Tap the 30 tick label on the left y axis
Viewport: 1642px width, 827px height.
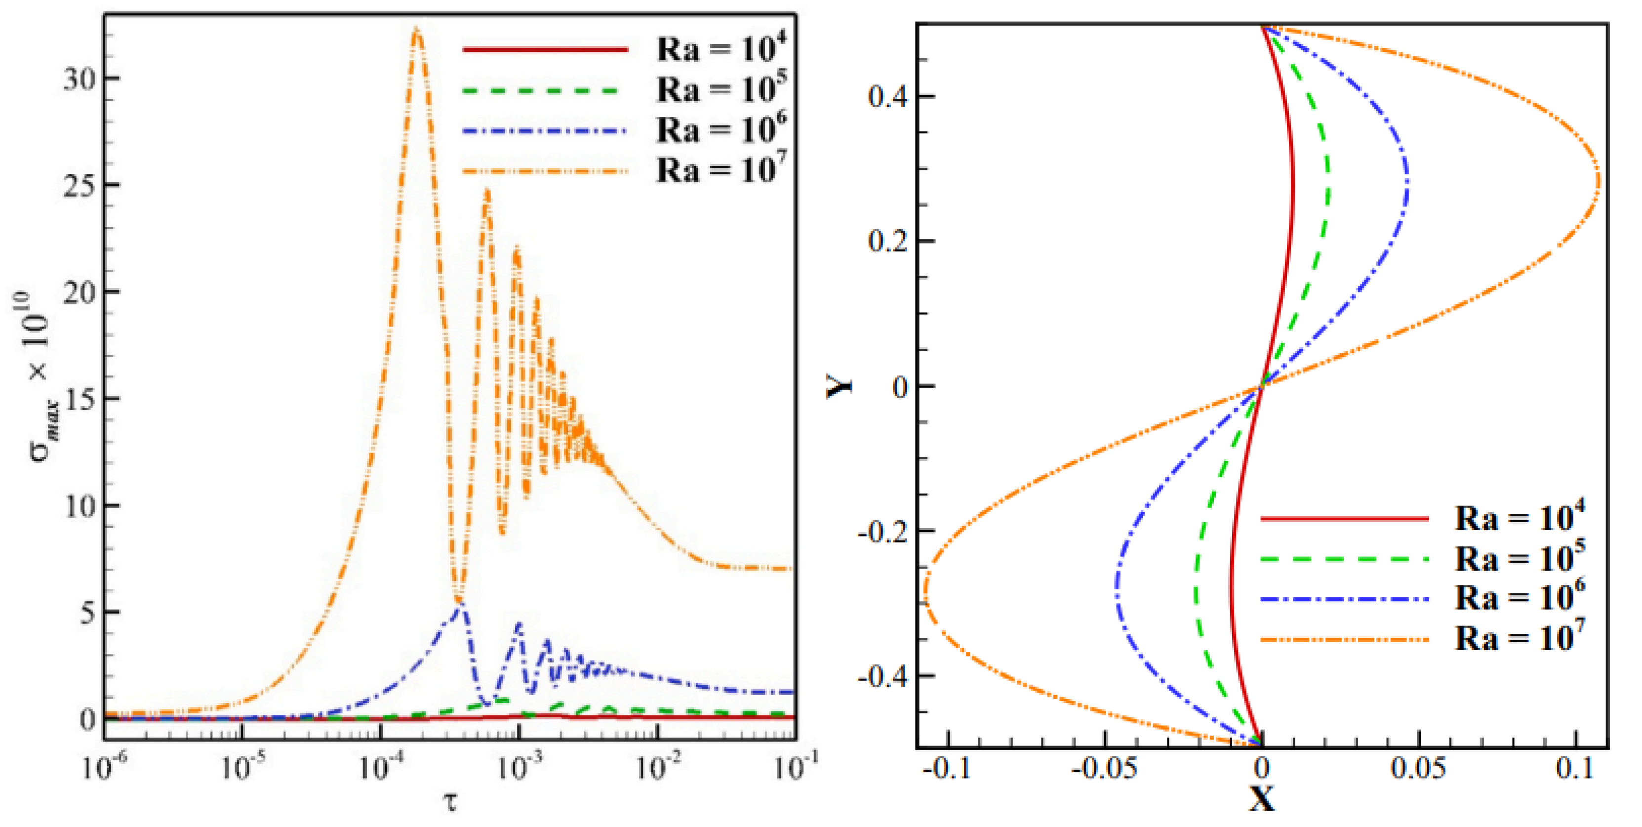80,79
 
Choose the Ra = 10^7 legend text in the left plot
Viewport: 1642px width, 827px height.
721,169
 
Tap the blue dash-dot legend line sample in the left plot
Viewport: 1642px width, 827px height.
545,131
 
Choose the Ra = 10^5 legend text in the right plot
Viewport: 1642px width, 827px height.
1520,558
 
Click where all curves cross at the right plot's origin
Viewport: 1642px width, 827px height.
1261,385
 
